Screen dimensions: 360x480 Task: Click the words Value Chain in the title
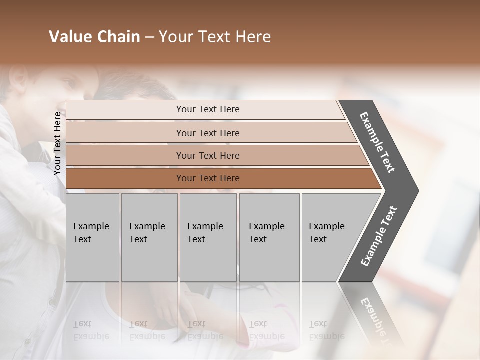tap(94, 37)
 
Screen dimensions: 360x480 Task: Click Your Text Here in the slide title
tap(215, 37)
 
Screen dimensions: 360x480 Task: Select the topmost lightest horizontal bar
tap(205, 109)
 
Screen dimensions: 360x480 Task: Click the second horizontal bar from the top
tap(210, 133)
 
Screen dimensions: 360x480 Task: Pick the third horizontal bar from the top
tap(215, 155)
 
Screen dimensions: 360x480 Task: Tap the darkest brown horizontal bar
tap(220, 178)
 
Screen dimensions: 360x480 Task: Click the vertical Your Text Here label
tap(58, 143)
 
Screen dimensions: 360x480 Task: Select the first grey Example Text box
tap(92, 237)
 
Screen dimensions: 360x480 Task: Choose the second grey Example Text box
tap(149, 237)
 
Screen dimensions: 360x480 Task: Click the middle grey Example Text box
tap(208, 237)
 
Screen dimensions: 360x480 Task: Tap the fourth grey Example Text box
tap(269, 237)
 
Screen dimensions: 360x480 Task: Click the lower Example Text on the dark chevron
tap(379, 236)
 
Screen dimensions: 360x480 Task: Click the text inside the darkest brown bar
tap(208, 178)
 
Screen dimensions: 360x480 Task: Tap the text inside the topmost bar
tap(208, 109)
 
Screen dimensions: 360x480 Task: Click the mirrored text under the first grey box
tap(91, 330)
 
